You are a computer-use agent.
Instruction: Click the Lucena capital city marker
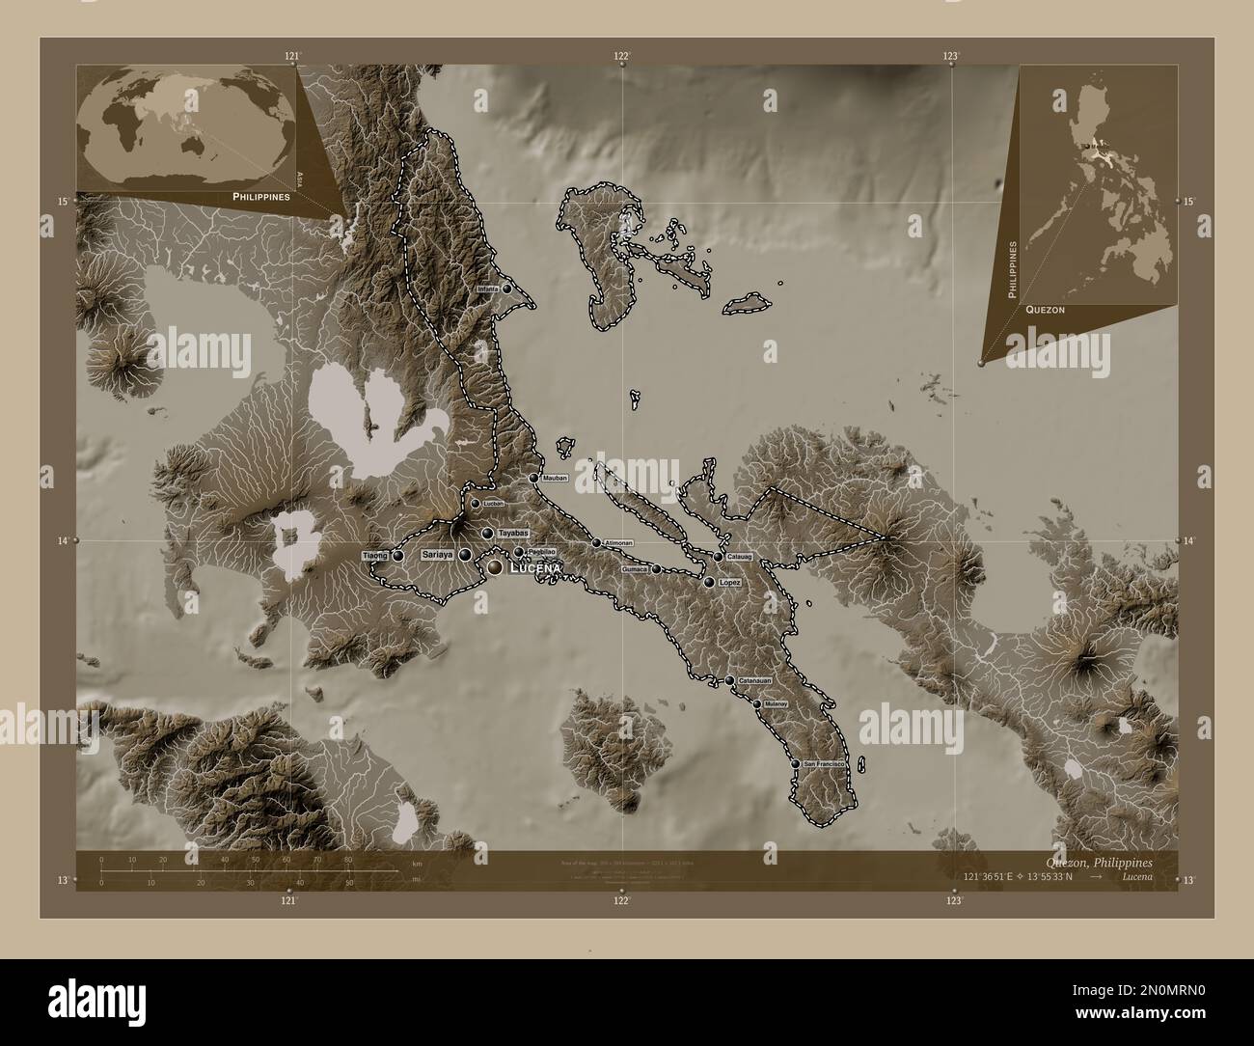click(495, 569)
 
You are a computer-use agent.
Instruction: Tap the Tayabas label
click(513, 533)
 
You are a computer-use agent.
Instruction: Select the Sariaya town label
click(437, 555)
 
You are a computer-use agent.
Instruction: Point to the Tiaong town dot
click(397, 556)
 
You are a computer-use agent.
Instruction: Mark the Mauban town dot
click(532, 478)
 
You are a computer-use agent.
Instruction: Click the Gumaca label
click(635, 569)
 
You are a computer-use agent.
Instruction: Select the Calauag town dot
click(718, 557)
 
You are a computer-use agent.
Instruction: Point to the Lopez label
click(730, 583)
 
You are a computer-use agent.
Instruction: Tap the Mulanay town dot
click(757, 704)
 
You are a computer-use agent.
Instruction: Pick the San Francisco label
click(824, 764)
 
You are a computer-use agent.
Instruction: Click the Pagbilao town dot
click(519, 552)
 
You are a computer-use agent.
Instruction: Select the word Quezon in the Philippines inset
click(1046, 310)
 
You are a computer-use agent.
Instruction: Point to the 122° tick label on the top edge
click(624, 56)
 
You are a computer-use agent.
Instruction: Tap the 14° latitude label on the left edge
click(64, 541)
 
